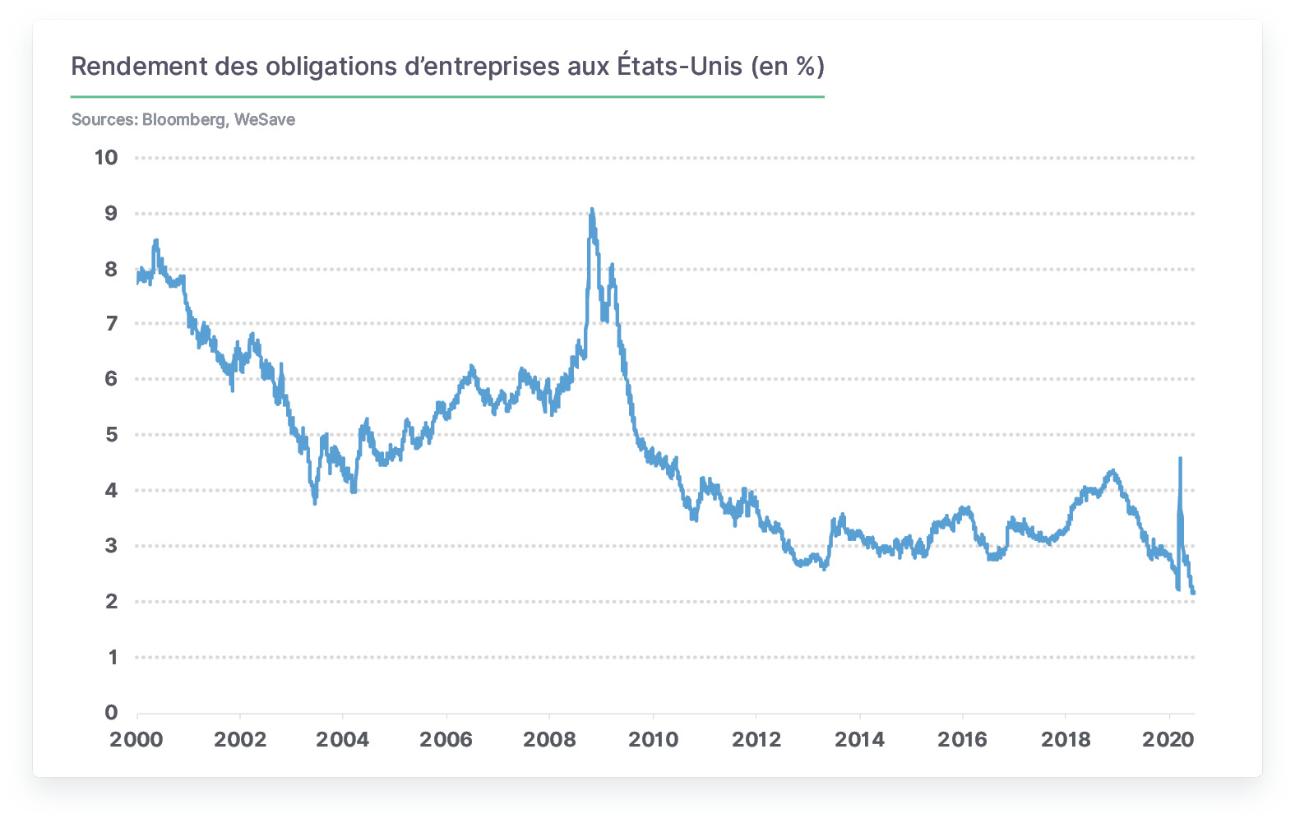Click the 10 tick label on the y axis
click(x=106, y=157)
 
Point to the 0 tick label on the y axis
click(x=111, y=713)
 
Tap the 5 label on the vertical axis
click(x=111, y=435)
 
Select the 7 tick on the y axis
click(x=111, y=324)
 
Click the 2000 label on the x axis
click(x=136, y=739)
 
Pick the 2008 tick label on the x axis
click(x=549, y=739)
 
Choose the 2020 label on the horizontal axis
click(x=1168, y=739)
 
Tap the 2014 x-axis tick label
click(x=859, y=739)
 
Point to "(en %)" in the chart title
click(x=788, y=67)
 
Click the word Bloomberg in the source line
click(x=184, y=120)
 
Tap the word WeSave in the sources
click(x=265, y=120)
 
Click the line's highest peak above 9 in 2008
click(x=591, y=209)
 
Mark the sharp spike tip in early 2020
click(x=1180, y=458)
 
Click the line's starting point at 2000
click(x=137, y=283)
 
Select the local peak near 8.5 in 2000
click(x=156, y=240)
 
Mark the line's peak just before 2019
click(x=1112, y=471)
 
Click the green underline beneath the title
click(x=447, y=97)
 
